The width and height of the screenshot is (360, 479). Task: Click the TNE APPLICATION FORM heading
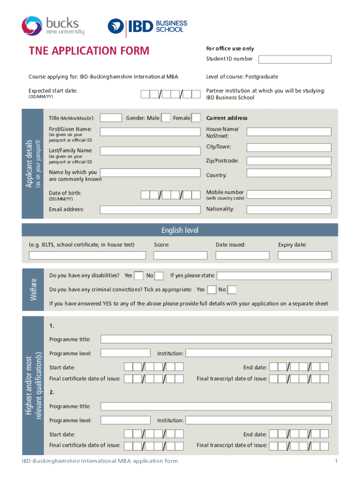pyautogui.click(x=89, y=51)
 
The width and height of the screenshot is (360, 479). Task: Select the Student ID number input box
pyautogui.click(x=295, y=59)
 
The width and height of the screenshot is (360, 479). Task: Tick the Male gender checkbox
pyautogui.click(x=166, y=118)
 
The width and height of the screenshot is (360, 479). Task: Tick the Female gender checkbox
pyautogui.click(x=196, y=118)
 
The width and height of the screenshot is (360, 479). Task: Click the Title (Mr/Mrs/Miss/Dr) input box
pyautogui.click(x=111, y=118)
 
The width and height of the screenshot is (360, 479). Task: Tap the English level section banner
pyautogui.click(x=180, y=230)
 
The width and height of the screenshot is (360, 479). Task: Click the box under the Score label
pyautogui.click(x=180, y=255)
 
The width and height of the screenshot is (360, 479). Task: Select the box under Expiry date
pyautogui.click(x=305, y=255)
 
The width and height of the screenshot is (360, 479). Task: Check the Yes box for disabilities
pyautogui.click(x=138, y=276)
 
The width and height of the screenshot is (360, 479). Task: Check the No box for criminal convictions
pyautogui.click(x=232, y=290)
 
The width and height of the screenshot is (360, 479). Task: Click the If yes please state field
pyautogui.click(x=274, y=276)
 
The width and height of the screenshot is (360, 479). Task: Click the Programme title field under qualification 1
pyautogui.click(x=216, y=339)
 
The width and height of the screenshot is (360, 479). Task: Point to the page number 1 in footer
pyautogui.click(x=336, y=461)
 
